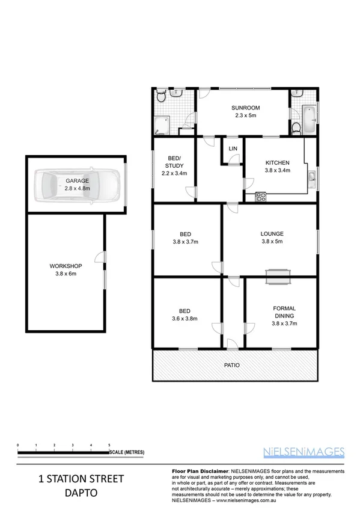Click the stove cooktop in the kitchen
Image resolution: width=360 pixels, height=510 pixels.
point(261,195)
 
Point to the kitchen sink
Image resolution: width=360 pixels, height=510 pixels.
point(312,177)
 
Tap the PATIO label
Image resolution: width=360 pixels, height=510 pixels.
point(233,364)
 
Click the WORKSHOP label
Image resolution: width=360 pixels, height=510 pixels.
point(66,266)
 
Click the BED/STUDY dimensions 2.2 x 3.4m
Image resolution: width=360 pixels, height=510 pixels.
point(174,173)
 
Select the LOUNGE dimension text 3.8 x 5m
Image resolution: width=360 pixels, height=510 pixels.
point(272,242)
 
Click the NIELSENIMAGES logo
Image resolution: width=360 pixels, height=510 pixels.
point(304,451)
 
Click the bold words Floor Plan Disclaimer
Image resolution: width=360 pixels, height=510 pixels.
point(200,471)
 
